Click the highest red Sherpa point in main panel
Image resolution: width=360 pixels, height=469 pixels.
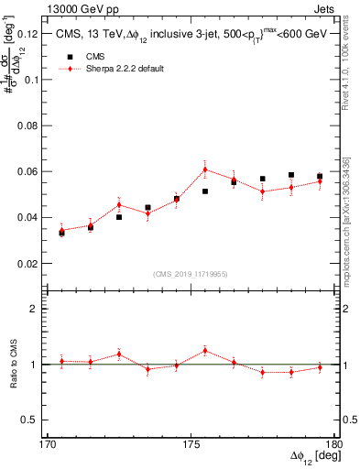[x=205, y=169]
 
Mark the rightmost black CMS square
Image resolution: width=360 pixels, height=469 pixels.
[x=320, y=176]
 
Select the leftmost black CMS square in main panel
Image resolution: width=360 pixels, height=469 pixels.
[x=61, y=233]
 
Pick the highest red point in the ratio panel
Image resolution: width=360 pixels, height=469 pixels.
[x=205, y=351]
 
